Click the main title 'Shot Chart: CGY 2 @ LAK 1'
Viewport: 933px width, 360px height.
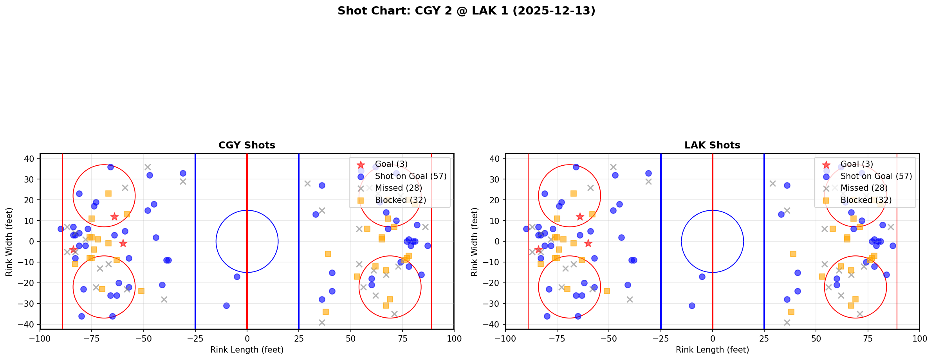tap(466, 11)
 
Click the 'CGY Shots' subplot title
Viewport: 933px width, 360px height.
tap(247, 145)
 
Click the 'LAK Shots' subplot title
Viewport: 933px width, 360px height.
tap(712, 145)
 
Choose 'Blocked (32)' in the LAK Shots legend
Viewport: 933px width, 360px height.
tap(866, 200)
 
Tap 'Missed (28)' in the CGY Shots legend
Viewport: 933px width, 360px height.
tap(398, 188)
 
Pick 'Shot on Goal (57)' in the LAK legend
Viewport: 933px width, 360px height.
tap(876, 176)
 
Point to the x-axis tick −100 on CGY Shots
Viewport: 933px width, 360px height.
tap(40, 338)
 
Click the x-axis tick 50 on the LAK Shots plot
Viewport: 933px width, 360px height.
tap(816, 338)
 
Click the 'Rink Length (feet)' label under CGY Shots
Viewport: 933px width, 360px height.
tap(247, 350)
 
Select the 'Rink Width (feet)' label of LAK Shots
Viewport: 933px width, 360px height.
tap(475, 242)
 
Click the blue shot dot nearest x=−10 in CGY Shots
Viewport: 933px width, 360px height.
tap(226, 306)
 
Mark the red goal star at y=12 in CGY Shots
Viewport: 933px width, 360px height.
tap(114, 217)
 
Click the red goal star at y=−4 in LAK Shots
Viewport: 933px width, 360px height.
tap(538, 250)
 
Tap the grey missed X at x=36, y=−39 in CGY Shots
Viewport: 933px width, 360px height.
tap(322, 322)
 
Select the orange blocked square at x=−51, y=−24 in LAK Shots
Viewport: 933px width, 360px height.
tap(607, 291)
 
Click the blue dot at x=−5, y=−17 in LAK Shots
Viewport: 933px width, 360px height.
tap(702, 277)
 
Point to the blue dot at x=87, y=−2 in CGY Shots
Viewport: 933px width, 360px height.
tap(428, 246)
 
